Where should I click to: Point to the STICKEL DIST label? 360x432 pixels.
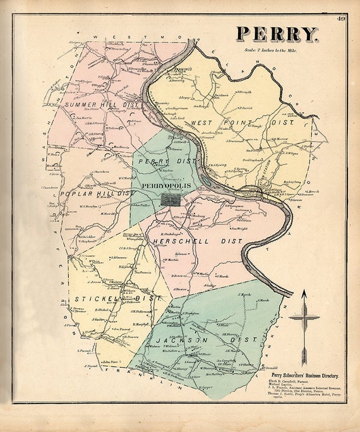(x=110, y=297)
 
